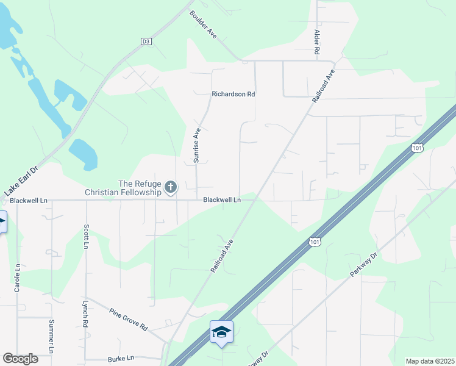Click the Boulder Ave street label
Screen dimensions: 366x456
click(x=203, y=24)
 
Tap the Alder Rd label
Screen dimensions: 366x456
click(x=317, y=43)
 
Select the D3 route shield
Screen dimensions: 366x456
click(x=146, y=41)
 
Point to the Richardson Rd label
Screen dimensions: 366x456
click(x=233, y=95)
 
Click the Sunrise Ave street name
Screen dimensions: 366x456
click(x=197, y=145)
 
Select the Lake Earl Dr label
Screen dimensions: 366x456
click(x=21, y=181)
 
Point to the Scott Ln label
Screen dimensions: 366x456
click(x=86, y=237)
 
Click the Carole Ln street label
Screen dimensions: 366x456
click(x=18, y=277)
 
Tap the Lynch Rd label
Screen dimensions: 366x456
click(x=85, y=314)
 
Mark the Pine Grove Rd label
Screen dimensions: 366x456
click(x=129, y=318)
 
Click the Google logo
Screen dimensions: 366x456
click(x=20, y=359)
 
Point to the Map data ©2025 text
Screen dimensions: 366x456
click(x=430, y=361)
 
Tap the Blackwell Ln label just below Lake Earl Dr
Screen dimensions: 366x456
click(x=29, y=200)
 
